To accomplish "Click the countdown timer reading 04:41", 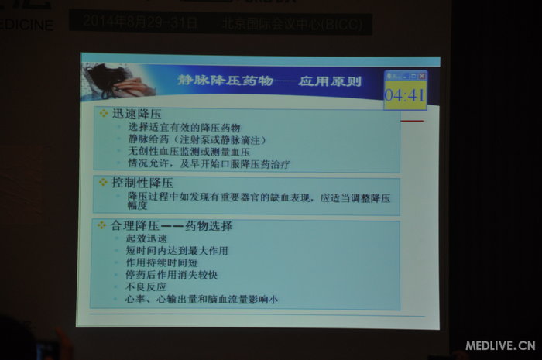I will tap(405, 95).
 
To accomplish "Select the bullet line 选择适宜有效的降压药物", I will tap(184, 127).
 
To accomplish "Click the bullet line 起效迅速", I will tap(146, 239).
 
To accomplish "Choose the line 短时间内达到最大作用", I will tap(177, 251).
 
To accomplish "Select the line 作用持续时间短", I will tap(161, 263).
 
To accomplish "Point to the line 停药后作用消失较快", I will tap(172, 275).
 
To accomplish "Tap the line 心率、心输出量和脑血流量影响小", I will tap(201, 299).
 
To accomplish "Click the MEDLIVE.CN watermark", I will tap(500, 345).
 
